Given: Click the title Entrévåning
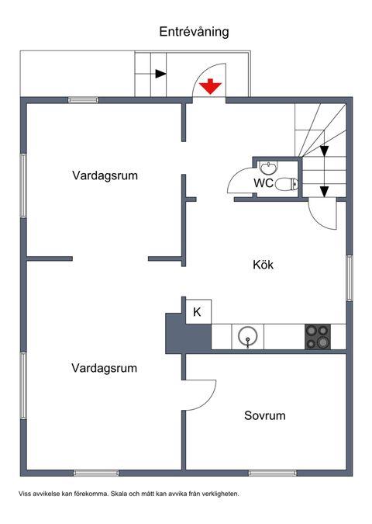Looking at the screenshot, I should click(x=194, y=31).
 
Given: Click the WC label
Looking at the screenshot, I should click(x=263, y=184).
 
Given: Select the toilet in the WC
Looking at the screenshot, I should click(x=287, y=184).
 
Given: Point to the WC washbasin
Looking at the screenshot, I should click(x=268, y=166).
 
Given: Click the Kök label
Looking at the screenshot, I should click(x=263, y=265).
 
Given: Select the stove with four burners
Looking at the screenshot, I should click(x=317, y=336).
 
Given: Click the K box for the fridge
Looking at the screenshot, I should click(x=197, y=312).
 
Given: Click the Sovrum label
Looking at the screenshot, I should click(x=264, y=416).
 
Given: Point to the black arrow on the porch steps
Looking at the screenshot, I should click(x=160, y=75).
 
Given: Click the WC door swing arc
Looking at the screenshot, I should click(x=234, y=180).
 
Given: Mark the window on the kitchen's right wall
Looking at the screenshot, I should click(x=350, y=277).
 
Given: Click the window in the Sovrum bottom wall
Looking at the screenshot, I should click(x=272, y=473).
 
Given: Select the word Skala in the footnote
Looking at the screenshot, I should click(x=122, y=494).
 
